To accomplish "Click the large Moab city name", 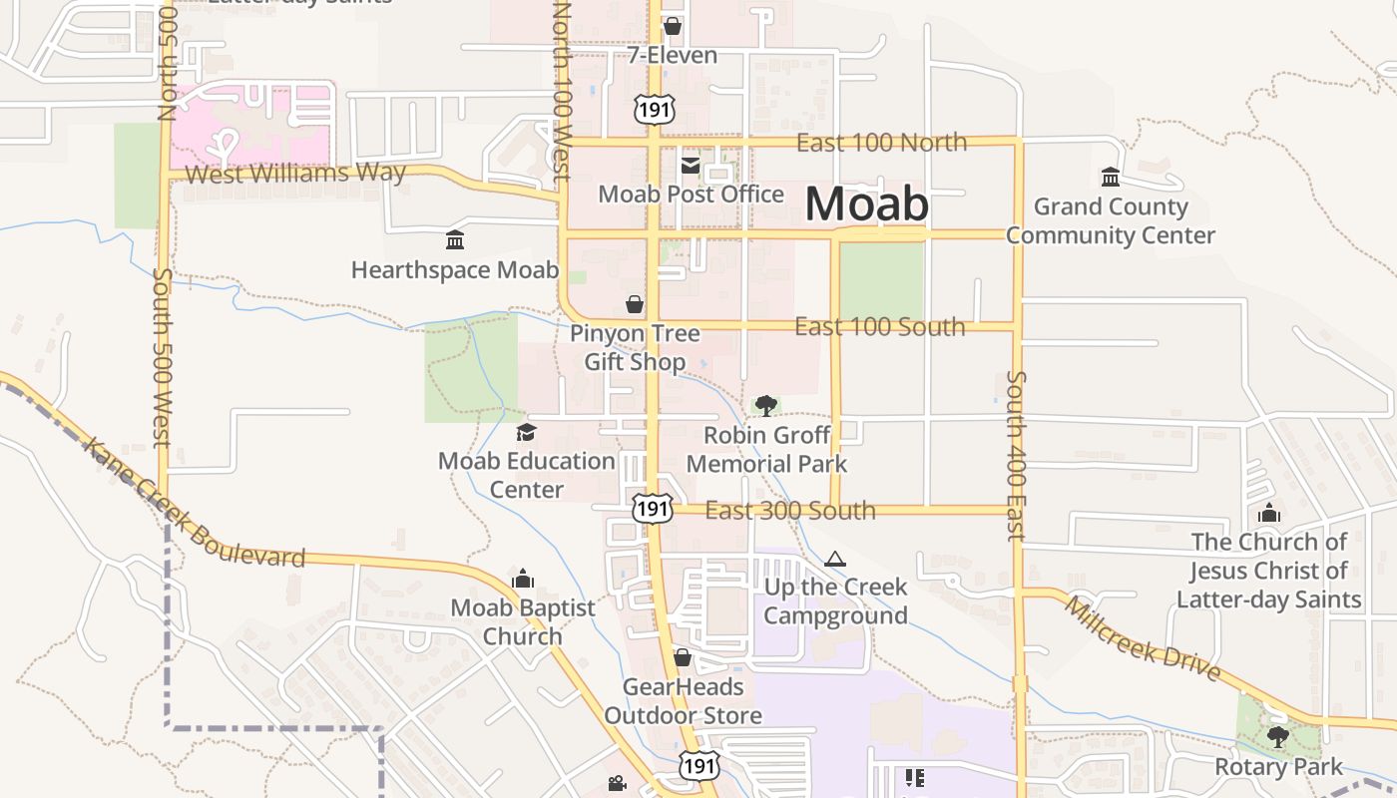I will click(866, 204).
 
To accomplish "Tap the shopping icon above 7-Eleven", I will click(673, 25).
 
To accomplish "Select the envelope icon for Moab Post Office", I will click(691, 166).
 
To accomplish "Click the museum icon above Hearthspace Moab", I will click(455, 239).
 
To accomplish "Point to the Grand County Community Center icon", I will click(1110, 177).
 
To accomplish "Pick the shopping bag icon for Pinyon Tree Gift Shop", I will click(635, 303).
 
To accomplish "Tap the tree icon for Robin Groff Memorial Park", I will click(766, 405).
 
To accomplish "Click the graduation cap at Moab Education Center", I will click(526, 432).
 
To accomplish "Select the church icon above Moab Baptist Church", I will click(523, 579).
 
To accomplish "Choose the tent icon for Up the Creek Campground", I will click(835, 559).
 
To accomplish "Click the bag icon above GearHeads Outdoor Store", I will click(683, 657).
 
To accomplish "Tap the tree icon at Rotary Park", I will click(1277, 737).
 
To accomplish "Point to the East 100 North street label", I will click(881, 143).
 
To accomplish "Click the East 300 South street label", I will click(790, 511).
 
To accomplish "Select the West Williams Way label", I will click(295, 174).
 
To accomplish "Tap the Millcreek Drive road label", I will click(1142, 638).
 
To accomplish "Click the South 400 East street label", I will click(1016, 455).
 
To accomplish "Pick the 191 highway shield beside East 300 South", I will click(653, 509).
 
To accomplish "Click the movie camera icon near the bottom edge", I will click(617, 784).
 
